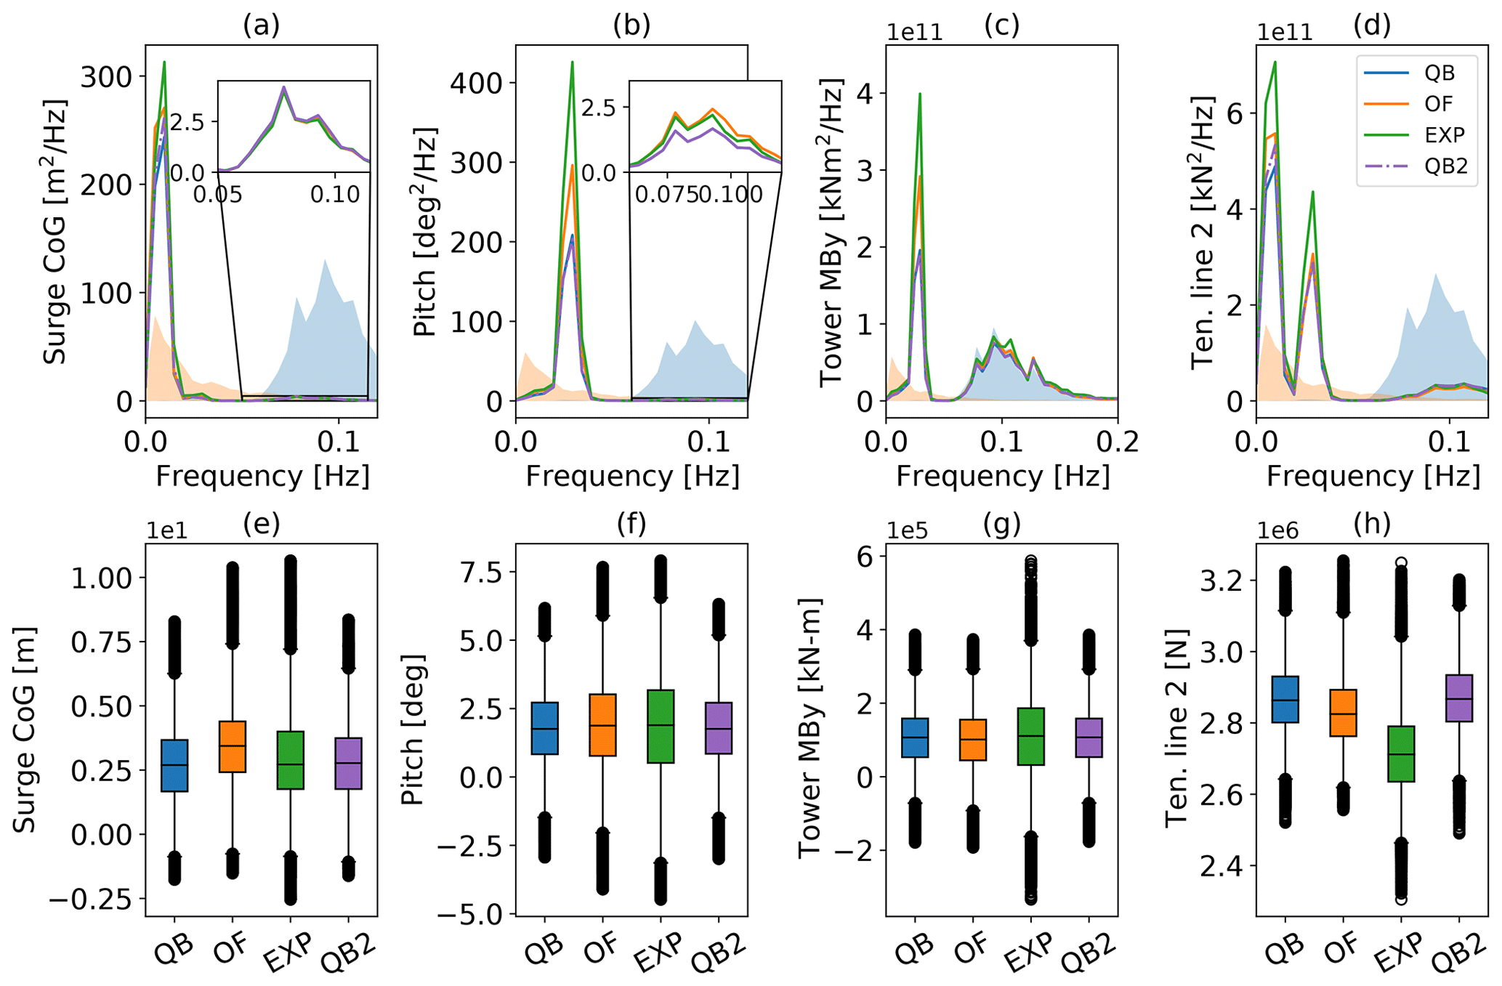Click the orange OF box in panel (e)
pos(233,746)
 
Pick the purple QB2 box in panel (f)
pos(719,728)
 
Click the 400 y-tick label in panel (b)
pos(477,83)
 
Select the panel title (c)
pos(1002,25)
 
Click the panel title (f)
pos(631,523)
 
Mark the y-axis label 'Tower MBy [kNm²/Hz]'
pos(832,234)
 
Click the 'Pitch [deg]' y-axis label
pos(413,729)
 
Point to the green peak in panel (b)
pos(573,62)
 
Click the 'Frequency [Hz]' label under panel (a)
pos(262,477)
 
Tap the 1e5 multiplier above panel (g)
pos(907,530)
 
